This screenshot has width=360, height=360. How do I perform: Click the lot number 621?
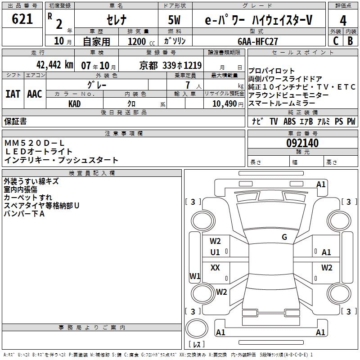coord(22,19)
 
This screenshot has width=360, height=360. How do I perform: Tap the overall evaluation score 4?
coord(343,20)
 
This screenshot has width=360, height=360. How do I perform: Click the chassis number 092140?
coord(302,144)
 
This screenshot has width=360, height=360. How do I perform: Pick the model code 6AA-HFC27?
coord(258,41)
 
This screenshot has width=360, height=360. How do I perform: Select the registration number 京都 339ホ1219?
coord(171,65)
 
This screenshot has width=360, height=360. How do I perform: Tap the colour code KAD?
coord(75,103)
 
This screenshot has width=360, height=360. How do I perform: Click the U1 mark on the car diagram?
coord(215,252)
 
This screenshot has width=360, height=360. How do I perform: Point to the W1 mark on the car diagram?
coord(195,276)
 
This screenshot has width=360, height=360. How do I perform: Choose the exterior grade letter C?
coord(335,41)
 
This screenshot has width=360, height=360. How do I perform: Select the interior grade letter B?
coord(350,41)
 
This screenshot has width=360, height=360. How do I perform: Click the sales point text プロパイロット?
coord(272,71)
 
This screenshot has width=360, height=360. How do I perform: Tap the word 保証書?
coord(15,121)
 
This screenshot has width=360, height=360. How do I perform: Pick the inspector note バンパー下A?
coord(24,214)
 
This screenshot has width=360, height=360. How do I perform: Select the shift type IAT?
coord(13,94)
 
